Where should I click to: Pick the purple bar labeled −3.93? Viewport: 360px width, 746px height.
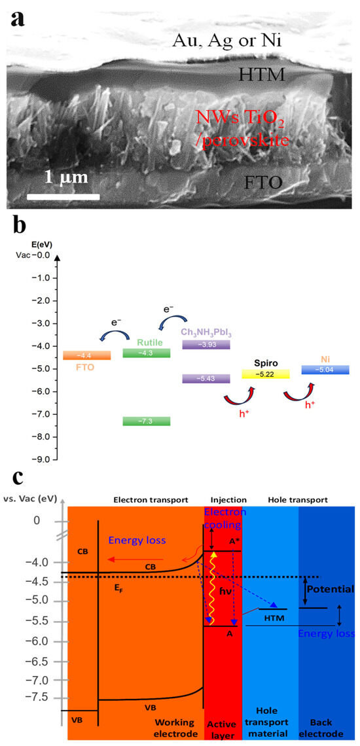[x=206, y=344]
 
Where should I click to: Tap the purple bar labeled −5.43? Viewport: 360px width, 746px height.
[x=206, y=378]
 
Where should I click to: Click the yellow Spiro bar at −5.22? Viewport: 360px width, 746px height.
[x=265, y=374]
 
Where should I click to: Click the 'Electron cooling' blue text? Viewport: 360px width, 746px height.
[x=223, y=518]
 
